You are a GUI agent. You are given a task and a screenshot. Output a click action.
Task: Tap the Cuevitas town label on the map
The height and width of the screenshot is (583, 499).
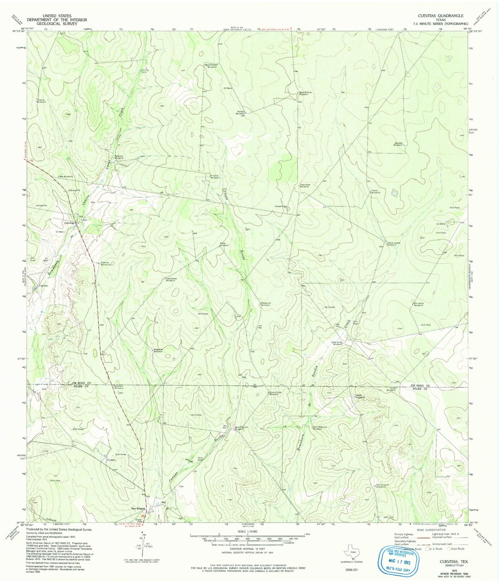[70, 223]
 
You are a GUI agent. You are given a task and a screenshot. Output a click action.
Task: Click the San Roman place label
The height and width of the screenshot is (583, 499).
[137, 508]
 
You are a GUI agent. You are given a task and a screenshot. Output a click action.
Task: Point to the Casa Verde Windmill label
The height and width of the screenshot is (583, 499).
[337, 343]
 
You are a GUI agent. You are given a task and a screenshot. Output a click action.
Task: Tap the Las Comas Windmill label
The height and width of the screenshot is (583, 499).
[171, 280]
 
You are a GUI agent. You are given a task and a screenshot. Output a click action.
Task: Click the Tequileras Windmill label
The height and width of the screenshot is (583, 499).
[306, 185]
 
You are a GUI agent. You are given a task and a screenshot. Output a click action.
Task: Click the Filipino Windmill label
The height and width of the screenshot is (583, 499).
[41, 101]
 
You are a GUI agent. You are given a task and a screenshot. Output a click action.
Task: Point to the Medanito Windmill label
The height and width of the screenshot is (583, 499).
[266, 304]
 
